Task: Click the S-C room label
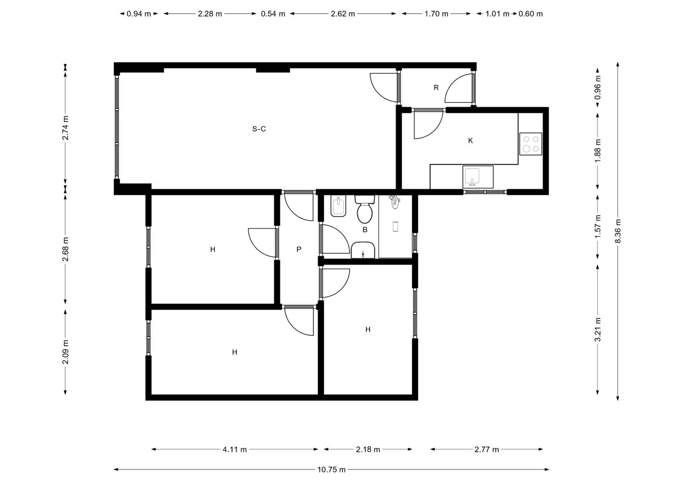(x=259, y=129)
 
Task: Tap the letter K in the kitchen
(x=470, y=141)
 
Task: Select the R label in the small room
(x=436, y=87)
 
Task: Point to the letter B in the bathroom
(x=365, y=229)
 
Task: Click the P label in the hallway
(x=299, y=249)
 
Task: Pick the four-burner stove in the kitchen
(x=531, y=144)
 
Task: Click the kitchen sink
(x=478, y=177)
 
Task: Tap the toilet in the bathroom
(x=365, y=209)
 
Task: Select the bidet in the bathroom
(x=338, y=206)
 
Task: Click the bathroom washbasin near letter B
(x=363, y=250)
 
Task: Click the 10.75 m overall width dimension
(x=331, y=470)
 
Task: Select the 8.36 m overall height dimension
(x=618, y=231)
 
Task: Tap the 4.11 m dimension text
(x=234, y=449)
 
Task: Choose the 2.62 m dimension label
(x=343, y=14)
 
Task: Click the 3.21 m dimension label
(x=597, y=329)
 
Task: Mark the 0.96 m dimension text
(x=597, y=87)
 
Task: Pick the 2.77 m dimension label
(x=487, y=449)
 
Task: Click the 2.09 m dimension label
(x=65, y=351)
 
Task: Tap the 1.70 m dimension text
(x=436, y=14)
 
